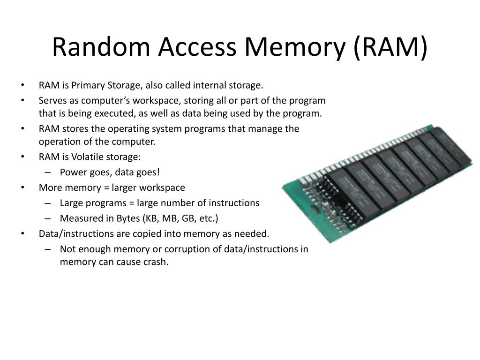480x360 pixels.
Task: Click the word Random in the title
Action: (101, 47)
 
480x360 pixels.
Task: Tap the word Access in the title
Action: (197, 47)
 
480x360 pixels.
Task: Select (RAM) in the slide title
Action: (390, 47)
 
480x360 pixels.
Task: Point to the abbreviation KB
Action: (150, 218)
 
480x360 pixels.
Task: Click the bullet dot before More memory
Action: (22, 187)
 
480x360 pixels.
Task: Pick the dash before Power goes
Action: (47, 172)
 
